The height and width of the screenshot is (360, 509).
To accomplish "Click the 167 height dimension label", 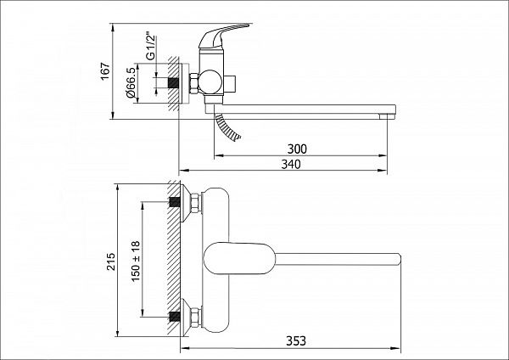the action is point(105,71).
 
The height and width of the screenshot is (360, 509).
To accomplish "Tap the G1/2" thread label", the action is point(150,46).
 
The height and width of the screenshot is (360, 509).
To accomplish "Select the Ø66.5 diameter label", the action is point(131,82).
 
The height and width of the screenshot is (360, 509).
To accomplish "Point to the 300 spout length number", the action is point(297,149).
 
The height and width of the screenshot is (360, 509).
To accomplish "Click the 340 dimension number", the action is point(291,165).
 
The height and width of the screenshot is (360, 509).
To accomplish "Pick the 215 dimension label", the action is point(110,262).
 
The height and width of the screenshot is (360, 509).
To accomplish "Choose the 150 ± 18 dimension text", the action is point(136,262).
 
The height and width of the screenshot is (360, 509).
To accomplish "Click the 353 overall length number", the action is point(296,341).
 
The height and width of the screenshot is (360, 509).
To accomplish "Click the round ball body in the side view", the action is point(210,82).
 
